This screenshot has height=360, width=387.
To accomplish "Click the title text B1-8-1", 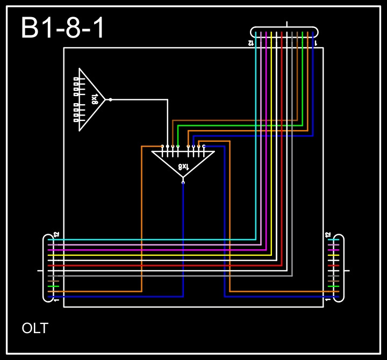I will (63, 28).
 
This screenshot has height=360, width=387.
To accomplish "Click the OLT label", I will (35, 328).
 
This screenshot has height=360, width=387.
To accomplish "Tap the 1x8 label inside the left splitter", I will (95, 99).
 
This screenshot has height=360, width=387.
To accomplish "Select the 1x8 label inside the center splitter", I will (183, 167).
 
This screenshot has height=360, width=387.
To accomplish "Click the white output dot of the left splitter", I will (110, 99).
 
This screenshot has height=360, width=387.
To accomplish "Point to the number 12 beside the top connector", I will (251, 42).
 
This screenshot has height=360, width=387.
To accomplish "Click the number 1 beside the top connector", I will (316, 42).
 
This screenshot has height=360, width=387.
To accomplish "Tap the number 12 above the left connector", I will (56, 235).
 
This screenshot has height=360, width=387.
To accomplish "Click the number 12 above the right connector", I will (328, 235).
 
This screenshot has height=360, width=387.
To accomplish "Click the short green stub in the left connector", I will (53, 286).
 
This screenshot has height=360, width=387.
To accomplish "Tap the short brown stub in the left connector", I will (53, 281).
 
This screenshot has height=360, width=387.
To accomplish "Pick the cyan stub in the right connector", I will (333, 240).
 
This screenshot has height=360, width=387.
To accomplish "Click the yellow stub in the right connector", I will (333, 255).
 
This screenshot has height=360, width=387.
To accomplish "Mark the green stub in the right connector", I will (333, 286).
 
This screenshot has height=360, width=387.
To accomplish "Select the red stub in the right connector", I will (333, 265).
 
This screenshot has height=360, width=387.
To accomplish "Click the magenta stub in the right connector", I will (333, 250).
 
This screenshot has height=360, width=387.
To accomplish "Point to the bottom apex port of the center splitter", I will (183, 182).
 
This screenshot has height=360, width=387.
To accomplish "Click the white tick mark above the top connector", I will (286, 24).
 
